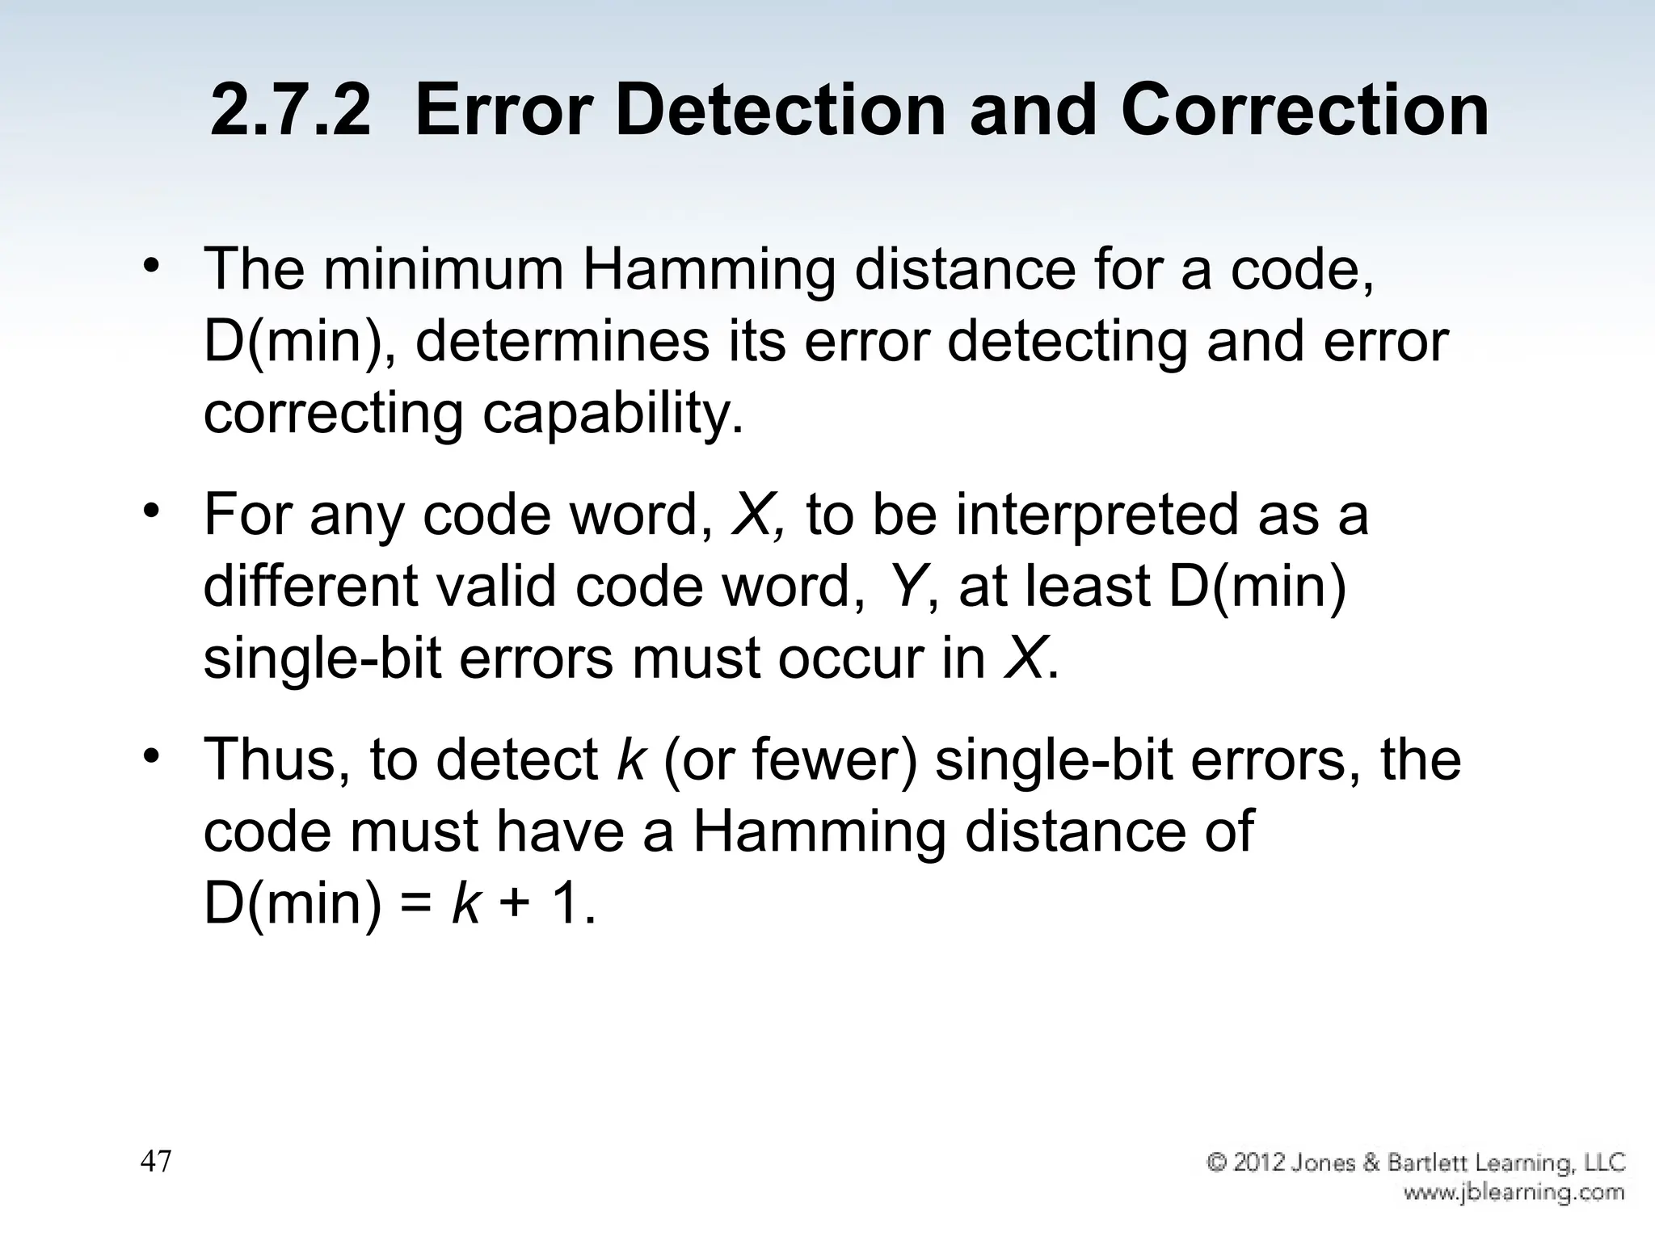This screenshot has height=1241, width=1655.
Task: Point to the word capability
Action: pos(613,414)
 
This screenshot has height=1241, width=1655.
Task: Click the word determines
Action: pos(561,341)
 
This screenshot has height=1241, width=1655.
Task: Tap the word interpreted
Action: pos(1097,515)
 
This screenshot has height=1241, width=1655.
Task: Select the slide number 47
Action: pos(156,1162)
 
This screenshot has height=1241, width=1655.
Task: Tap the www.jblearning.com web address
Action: pos(1514,1192)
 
